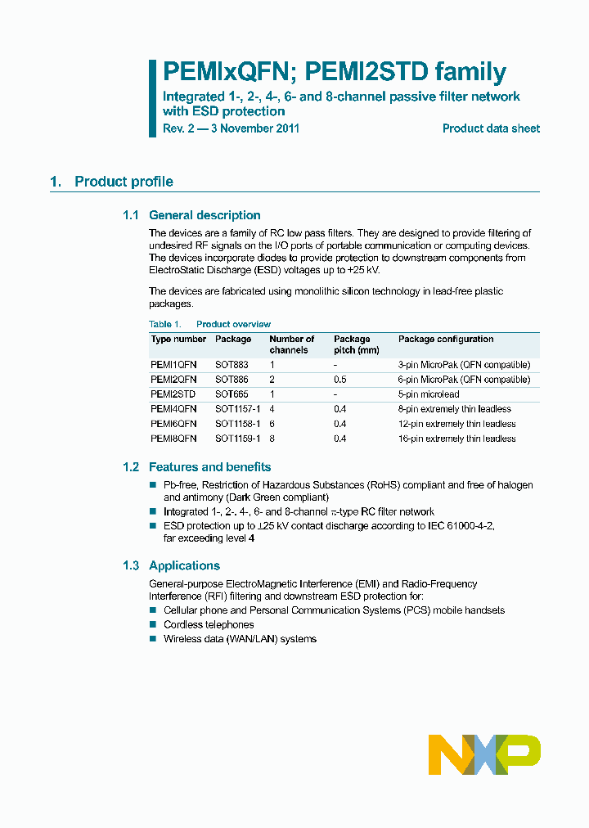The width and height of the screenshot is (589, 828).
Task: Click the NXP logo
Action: click(484, 754)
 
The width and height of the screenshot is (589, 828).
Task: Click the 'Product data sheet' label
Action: click(491, 128)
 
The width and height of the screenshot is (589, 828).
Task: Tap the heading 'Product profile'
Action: click(124, 182)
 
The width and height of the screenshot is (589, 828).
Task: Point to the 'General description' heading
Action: click(205, 215)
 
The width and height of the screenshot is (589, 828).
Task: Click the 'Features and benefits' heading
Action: click(209, 467)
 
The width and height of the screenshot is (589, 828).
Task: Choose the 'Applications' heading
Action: click(184, 565)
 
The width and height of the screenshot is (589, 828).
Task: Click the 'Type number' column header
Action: click(178, 339)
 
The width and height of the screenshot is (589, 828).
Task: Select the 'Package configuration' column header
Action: click(446, 339)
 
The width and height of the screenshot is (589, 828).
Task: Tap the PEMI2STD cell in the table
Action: click(173, 394)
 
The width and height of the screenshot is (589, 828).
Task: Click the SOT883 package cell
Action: click(233, 365)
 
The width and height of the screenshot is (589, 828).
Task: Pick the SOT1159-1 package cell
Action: click(238, 439)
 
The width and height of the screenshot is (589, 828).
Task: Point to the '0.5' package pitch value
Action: click(339, 380)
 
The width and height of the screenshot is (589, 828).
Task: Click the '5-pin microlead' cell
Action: click(431, 394)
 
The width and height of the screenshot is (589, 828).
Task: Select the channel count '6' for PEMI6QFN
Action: click(272, 424)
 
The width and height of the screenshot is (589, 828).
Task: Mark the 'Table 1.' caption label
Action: click(165, 324)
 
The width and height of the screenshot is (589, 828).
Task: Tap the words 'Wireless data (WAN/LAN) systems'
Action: click(240, 639)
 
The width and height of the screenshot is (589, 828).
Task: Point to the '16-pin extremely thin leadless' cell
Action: click(456, 439)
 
